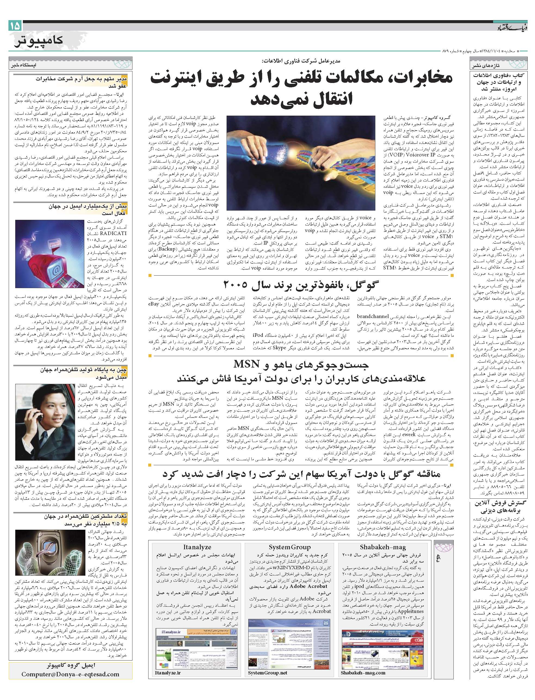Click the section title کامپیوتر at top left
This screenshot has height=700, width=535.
(x=38, y=41)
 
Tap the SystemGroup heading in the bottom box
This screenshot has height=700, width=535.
(x=289, y=547)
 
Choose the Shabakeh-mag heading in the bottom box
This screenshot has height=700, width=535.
(x=383, y=547)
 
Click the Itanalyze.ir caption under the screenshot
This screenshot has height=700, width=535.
(x=168, y=663)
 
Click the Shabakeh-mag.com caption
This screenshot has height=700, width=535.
(x=363, y=663)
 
